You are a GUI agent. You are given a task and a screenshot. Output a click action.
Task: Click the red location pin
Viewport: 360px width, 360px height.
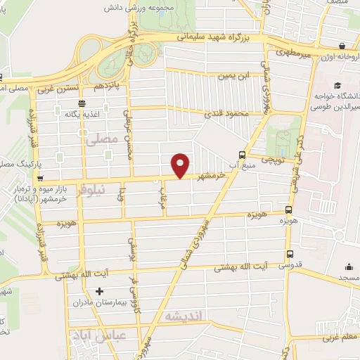181,164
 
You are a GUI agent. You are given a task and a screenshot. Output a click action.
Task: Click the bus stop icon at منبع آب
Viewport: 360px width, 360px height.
243,155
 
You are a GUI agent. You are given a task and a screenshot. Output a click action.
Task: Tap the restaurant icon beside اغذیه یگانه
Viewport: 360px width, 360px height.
82,102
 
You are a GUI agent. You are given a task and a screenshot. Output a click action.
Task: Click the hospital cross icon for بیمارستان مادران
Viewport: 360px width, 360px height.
99,291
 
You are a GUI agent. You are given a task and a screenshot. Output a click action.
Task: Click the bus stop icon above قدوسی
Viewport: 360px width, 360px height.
289,255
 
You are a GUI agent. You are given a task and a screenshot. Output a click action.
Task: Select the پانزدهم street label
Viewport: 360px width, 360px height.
108,85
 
